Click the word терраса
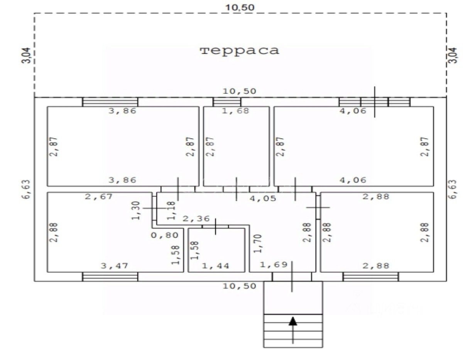click(x=239, y=51)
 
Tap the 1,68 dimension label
click(x=236, y=111)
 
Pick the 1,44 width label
click(x=216, y=266)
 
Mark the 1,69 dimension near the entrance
click(x=274, y=265)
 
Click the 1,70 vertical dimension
click(x=257, y=244)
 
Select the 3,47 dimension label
click(x=114, y=266)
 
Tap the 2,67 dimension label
click(x=99, y=197)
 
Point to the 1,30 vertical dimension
click(x=135, y=211)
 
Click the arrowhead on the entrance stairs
click(x=293, y=321)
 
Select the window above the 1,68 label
click(x=227, y=102)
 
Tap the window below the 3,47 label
click(x=110, y=277)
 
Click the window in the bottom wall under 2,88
click(x=371, y=277)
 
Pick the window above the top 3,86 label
click(x=110, y=102)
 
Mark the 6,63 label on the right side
click(x=453, y=189)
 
